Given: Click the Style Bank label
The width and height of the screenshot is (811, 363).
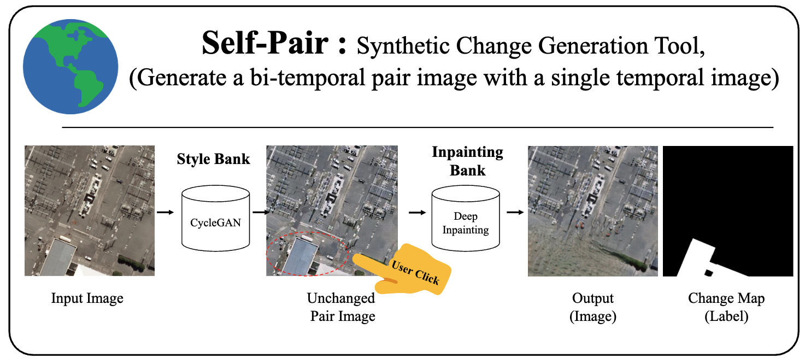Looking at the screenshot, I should [x=213, y=159].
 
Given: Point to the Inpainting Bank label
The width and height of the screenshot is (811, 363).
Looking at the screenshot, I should [x=467, y=161].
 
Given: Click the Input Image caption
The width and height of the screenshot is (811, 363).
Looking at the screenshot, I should [x=87, y=298].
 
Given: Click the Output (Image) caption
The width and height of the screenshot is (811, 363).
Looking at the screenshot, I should [x=593, y=307].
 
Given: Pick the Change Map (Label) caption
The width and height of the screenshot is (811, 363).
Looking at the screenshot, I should [x=726, y=307].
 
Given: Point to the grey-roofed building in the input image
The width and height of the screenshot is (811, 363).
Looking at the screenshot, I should [x=57, y=257].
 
